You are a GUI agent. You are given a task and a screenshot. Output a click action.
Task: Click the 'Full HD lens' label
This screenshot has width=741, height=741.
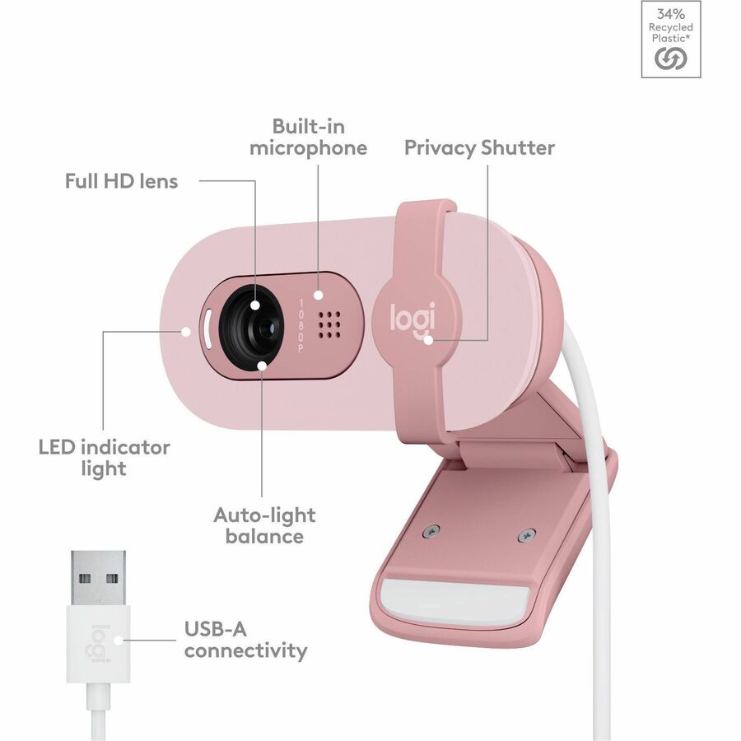[x=121, y=181]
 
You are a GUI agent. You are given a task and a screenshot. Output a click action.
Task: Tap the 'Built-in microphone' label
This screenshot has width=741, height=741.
[x=308, y=137]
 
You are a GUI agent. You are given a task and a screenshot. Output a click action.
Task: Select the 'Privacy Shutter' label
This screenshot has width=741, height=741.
[x=479, y=147]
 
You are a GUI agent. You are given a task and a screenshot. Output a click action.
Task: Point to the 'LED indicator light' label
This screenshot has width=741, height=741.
[x=104, y=458]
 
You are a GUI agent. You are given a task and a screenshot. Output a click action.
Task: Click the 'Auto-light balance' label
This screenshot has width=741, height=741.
[x=264, y=525]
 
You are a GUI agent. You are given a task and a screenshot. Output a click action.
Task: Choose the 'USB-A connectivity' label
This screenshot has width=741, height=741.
[x=245, y=640]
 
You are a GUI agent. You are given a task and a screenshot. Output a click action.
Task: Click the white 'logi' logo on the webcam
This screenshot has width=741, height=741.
[x=412, y=319]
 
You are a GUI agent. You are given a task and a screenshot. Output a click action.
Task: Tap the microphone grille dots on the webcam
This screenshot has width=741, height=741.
[x=329, y=325]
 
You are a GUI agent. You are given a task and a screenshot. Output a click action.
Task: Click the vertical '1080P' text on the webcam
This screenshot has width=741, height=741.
[x=301, y=325]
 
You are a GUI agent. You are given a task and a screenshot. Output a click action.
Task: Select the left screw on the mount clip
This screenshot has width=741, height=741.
[x=431, y=531]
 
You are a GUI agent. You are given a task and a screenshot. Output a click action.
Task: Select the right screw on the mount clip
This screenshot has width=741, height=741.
[x=526, y=535]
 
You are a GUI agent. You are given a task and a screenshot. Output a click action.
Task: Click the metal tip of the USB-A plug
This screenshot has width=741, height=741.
[x=98, y=577]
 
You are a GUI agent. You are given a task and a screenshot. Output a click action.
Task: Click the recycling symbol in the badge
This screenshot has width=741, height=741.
[x=670, y=59]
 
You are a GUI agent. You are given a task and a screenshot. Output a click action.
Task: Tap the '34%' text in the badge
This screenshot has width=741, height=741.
[x=670, y=14]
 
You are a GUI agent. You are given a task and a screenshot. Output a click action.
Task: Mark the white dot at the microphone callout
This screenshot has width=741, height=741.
[x=319, y=295]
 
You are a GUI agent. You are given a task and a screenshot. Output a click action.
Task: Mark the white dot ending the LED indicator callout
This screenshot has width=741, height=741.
[x=186, y=331]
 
